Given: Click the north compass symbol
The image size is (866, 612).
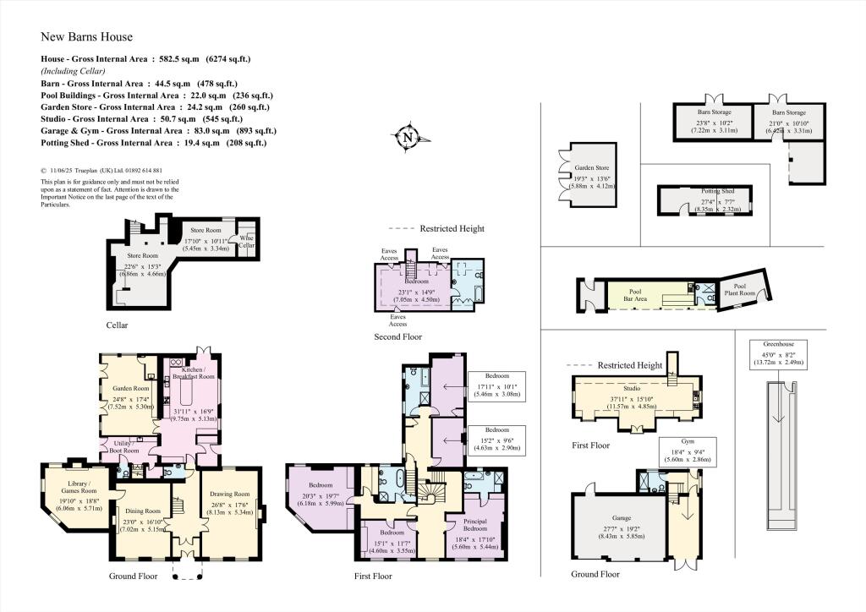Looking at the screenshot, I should [x=407, y=137].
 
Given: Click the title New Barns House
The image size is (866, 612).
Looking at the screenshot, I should [x=87, y=37].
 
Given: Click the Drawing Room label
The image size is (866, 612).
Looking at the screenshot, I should [x=230, y=494].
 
